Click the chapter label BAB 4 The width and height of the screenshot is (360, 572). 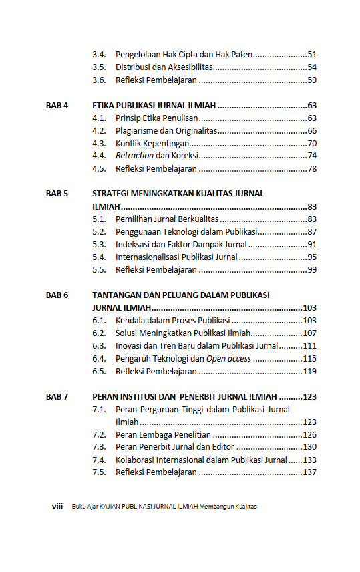tap(57, 106)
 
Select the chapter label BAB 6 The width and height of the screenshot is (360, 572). tap(57, 295)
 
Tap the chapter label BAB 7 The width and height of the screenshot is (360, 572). tap(57, 396)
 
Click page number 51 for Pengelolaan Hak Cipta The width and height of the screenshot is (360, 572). tap(312, 55)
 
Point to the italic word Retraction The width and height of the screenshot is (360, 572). tap(134, 156)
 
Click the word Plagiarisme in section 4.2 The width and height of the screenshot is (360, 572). tap(136, 131)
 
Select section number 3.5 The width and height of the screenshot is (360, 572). tap(99, 67)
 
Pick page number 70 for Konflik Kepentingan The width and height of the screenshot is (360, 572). tap(312, 144)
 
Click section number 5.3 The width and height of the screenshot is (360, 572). tap(99, 245)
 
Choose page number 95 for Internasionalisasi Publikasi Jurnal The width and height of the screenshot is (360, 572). tap(312, 257)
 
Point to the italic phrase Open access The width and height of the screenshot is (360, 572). tap(228, 359)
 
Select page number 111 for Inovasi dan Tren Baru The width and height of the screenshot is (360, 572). tap(309, 346)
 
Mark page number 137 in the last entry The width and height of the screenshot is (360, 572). tap(309, 472)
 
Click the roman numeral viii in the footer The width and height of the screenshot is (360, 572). tap(57, 506)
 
